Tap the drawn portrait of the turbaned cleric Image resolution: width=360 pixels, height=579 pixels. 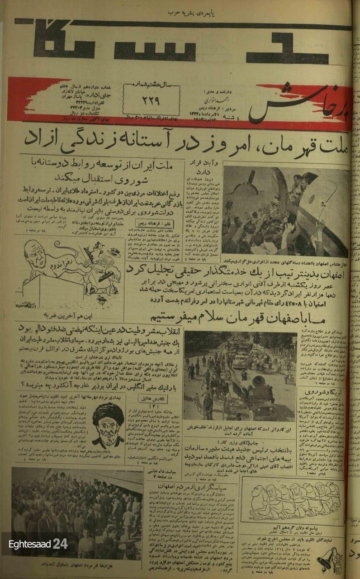click(110, 423)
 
